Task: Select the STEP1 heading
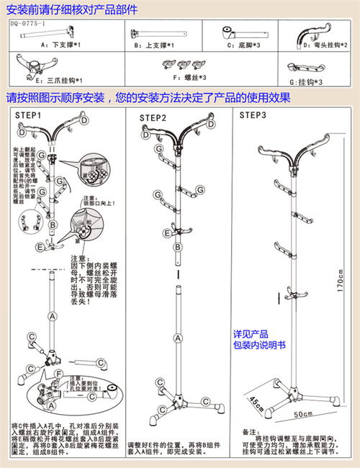[28, 115]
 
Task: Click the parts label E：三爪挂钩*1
[58, 80]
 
